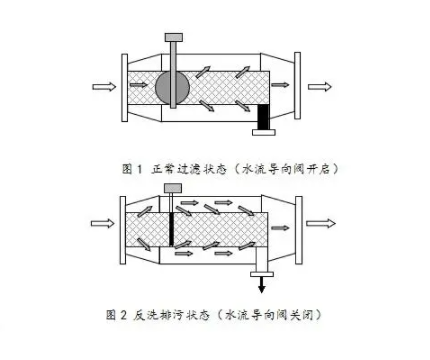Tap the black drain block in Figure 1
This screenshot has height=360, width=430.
pos(265,119)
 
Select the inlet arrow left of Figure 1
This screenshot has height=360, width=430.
pos(104,86)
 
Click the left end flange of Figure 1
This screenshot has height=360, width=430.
pos(122,87)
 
